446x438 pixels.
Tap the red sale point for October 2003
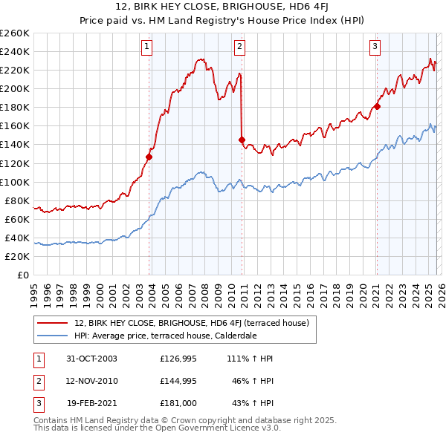click(149, 157)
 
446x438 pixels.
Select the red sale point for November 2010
click(242, 140)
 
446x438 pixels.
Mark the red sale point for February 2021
click(377, 106)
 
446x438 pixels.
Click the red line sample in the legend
click(53, 323)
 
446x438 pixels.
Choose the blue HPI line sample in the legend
click(53, 335)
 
